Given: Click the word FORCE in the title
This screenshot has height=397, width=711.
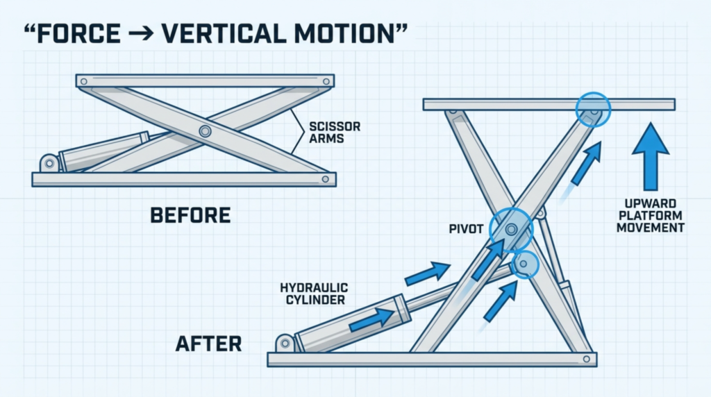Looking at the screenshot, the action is (x=78, y=34).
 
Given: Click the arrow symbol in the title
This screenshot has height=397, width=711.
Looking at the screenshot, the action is (x=141, y=34).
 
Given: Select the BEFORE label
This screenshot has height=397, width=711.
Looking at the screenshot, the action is (x=190, y=215).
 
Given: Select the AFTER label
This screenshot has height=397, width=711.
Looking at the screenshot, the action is (x=208, y=344).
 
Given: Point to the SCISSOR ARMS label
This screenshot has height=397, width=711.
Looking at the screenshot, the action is (x=335, y=133).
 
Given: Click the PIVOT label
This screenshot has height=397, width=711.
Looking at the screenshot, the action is (x=466, y=229).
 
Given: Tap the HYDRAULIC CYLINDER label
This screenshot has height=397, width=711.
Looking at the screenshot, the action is (x=315, y=294).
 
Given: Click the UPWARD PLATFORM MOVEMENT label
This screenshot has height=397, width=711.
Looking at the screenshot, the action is (x=650, y=216).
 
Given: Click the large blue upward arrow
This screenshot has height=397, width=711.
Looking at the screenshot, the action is (x=651, y=156).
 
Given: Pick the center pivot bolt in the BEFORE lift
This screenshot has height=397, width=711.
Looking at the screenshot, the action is (x=205, y=131).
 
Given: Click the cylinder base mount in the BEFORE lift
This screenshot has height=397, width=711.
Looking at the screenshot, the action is (x=49, y=163).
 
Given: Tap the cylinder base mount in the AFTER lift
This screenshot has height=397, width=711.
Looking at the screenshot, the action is (x=285, y=343).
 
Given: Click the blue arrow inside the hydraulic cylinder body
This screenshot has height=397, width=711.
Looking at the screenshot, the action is (x=372, y=320).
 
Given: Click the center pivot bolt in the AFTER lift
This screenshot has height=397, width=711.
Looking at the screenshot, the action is (x=512, y=229).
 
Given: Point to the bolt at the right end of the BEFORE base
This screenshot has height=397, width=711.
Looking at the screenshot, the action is (x=325, y=180).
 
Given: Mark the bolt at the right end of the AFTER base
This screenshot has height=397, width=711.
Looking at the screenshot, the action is (x=586, y=360).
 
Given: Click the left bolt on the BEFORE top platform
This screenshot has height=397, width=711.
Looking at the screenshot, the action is (x=84, y=82).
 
